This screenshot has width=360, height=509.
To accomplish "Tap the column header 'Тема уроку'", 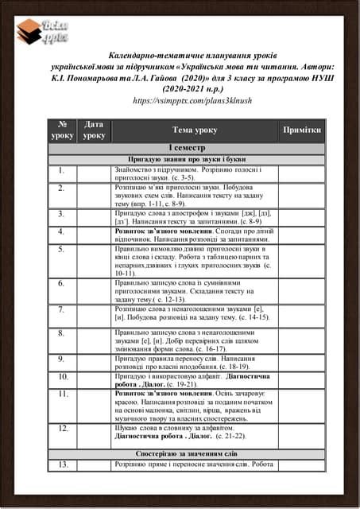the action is click(194, 130).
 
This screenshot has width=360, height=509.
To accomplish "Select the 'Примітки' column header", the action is click(301, 130).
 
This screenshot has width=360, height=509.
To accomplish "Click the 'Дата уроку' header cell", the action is click(94, 130).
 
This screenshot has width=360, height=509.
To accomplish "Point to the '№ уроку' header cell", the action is click(62, 130).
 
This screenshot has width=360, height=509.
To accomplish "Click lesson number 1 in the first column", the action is click(62, 170).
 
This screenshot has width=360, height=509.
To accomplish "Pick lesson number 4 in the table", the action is click(62, 232).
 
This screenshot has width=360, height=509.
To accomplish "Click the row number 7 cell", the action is click(62, 310).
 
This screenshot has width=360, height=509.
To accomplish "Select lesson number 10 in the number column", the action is click(62, 376).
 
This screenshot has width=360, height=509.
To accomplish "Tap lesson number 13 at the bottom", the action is click(62, 464).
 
